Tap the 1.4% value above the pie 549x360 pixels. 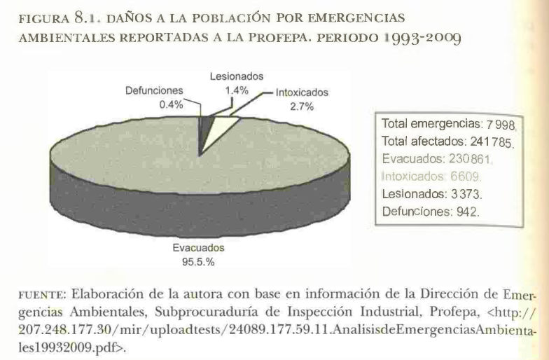pos(236,90)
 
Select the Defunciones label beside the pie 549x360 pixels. pos(154,90)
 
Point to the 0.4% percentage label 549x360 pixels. pos(171,104)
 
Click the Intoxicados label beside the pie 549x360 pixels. pos(301,92)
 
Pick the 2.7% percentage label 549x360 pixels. pos(301,106)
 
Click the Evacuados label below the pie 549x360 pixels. pos(198,249)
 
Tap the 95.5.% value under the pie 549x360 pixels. pos(199,263)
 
